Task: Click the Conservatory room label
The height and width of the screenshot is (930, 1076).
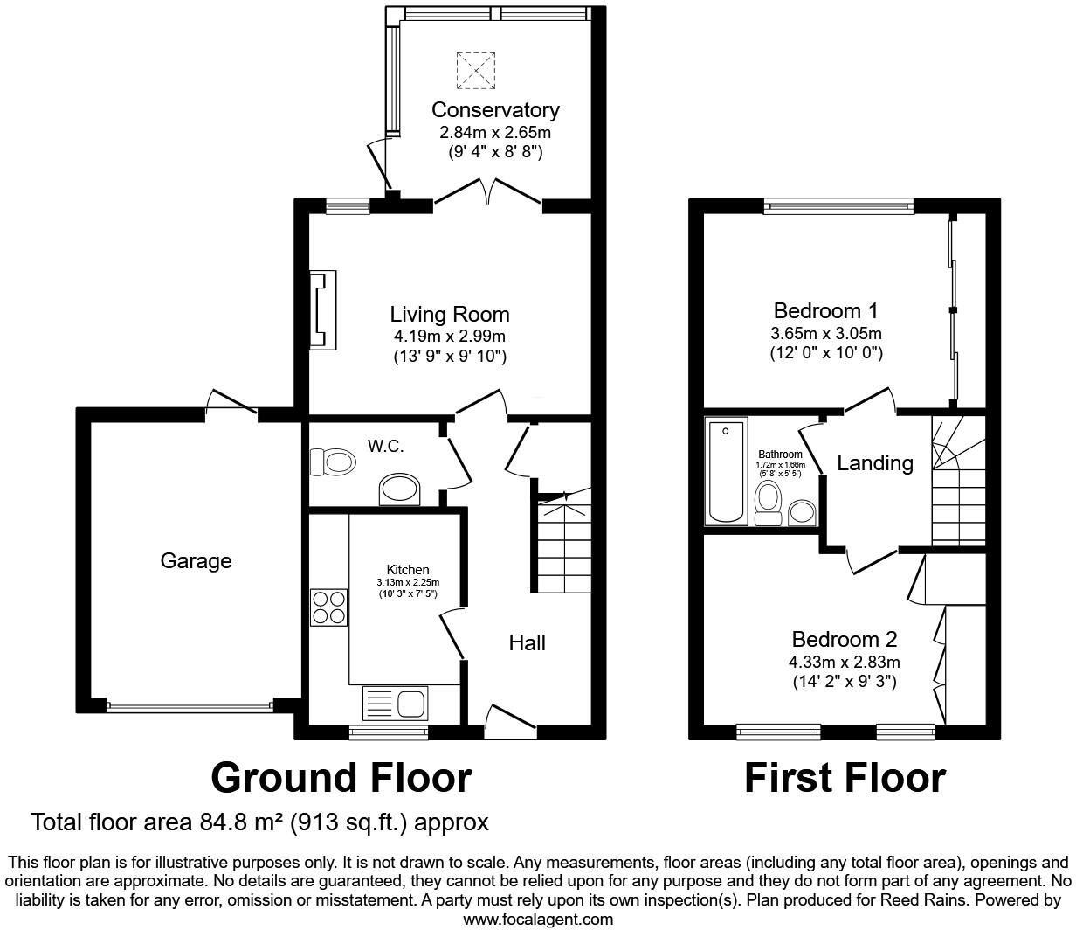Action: (495, 110)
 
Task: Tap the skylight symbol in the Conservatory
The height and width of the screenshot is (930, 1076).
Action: (476, 71)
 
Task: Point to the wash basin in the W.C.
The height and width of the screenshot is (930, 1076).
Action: (400, 490)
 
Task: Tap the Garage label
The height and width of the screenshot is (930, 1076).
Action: (196, 561)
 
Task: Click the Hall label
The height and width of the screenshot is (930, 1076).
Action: (528, 643)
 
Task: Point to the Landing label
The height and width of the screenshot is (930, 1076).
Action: (874, 463)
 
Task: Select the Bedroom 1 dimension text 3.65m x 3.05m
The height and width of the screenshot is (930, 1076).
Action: (825, 334)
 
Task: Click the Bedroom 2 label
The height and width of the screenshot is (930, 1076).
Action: (844, 640)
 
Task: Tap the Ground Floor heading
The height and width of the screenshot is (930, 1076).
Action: (341, 777)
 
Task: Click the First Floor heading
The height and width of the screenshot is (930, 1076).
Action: (845, 777)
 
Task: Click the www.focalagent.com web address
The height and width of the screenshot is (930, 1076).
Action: (537, 919)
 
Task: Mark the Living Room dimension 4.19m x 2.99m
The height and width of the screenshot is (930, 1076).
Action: (449, 337)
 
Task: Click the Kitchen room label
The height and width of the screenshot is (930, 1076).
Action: (408, 570)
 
